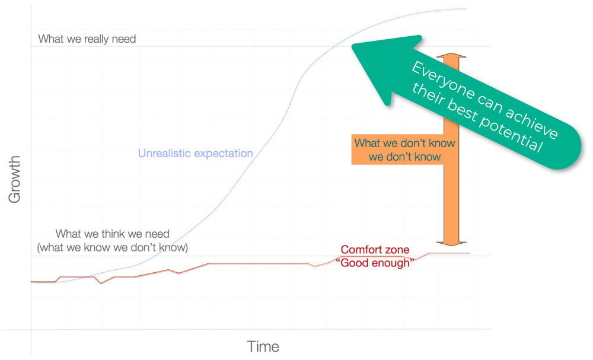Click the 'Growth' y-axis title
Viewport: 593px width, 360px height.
15,180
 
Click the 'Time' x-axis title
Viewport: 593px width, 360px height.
263,347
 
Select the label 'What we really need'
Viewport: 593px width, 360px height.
87,39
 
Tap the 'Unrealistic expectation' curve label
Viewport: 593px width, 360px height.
196,154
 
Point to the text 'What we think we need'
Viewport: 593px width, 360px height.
113,234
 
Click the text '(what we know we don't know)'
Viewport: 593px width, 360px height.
116,247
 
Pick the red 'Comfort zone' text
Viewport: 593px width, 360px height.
375,250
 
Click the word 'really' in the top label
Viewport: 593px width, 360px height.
92,39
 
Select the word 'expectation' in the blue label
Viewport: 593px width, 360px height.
223,154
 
